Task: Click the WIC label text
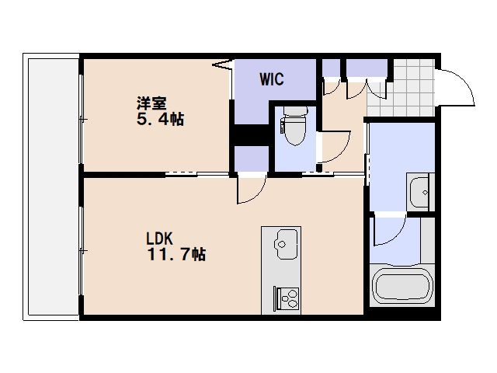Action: [272, 79]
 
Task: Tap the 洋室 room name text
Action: [151, 103]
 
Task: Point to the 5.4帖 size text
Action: [161, 119]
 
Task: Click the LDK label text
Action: [159, 239]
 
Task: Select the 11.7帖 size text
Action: [177, 254]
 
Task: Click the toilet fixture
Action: [294, 126]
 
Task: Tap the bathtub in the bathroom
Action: [402, 286]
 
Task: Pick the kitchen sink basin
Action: [287, 244]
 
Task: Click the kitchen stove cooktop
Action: [287, 298]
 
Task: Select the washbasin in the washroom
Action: [419, 192]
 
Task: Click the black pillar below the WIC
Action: [250, 134]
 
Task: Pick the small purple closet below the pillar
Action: [252, 159]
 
